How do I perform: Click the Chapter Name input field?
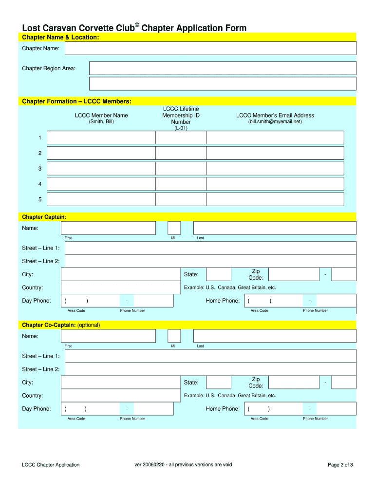(x=210, y=48)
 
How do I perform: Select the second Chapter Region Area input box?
(x=222, y=83)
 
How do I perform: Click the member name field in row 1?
(x=101, y=137)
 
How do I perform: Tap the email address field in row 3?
(x=275, y=169)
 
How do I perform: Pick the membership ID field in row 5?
(x=181, y=199)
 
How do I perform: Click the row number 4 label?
(x=40, y=184)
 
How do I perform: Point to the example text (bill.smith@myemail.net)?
(x=275, y=122)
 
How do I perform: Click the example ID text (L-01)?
(x=181, y=128)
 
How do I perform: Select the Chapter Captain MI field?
(x=174, y=228)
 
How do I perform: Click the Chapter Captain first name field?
(x=108, y=228)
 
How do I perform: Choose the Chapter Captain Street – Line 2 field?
(x=210, y=261)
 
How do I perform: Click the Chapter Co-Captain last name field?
(x=275, y=336)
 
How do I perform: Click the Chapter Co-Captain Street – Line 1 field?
(x=210, y=356)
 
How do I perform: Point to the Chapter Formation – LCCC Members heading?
(x=76, y=101)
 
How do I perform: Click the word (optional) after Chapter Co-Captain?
(x=89, y=325)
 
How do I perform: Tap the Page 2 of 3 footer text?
(x=340, y=465)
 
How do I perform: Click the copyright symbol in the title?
(x=137, y=24)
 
